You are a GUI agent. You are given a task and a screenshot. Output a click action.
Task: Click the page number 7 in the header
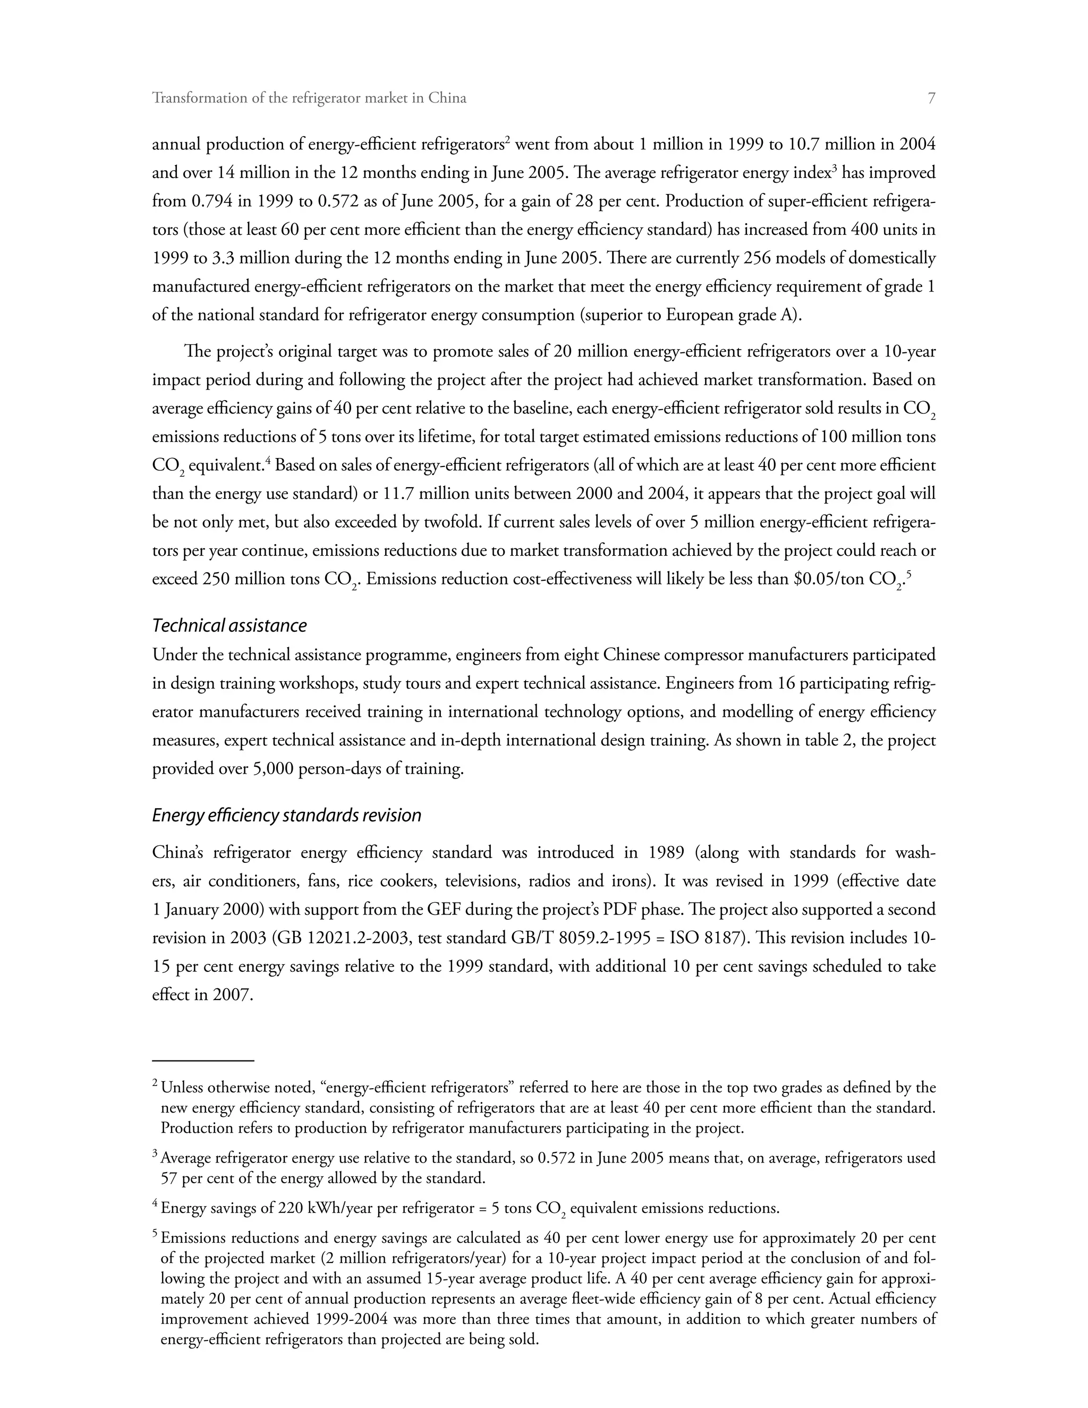[931, 98]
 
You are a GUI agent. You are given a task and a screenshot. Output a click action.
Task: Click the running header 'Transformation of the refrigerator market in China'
[309, 98]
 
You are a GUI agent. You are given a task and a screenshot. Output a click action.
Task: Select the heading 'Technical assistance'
[229, 625]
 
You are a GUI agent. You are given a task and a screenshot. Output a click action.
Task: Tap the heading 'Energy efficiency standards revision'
[287, 815]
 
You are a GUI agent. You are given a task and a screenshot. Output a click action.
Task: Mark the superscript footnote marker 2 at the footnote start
[155, 1084]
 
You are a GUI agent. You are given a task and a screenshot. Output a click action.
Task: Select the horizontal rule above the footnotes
[203, 1060]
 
